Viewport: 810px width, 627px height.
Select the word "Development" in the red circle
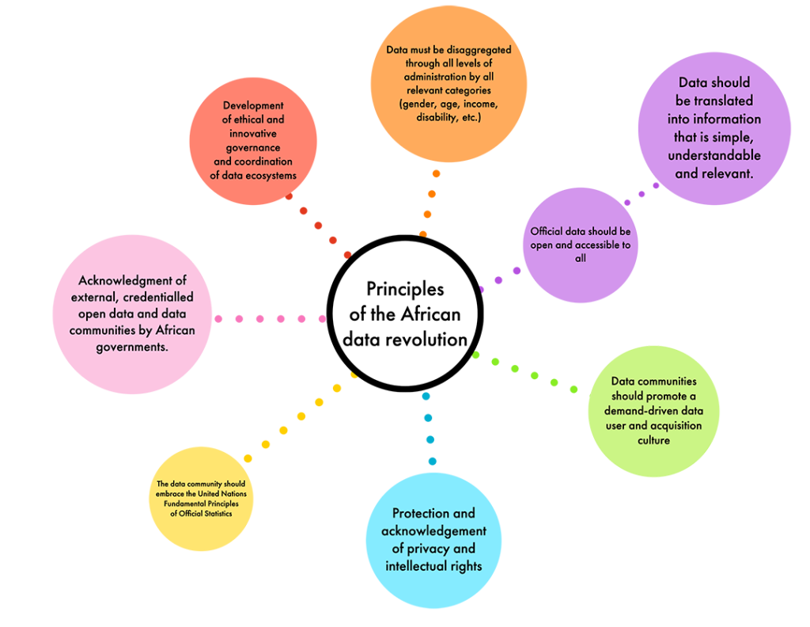pyautogui.click(x=253, y=105)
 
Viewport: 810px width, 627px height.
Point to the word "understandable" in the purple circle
pyautogui.click(x=715, y=155)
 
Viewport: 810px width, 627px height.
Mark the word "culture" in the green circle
pyautogui.click(x=653, y=440)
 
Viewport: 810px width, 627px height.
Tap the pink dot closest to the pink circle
pyautogui.click(x=219, y=318)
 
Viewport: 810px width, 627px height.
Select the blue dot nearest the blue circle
pyautogui.click(x=432, y=461)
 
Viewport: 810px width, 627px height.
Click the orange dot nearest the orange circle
pyautogui.click(x=436, y=173)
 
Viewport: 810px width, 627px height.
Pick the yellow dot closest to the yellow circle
pyautogui.click(x=248, y=458)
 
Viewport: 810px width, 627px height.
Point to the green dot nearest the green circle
pyautogui.click(x=574, y=389)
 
